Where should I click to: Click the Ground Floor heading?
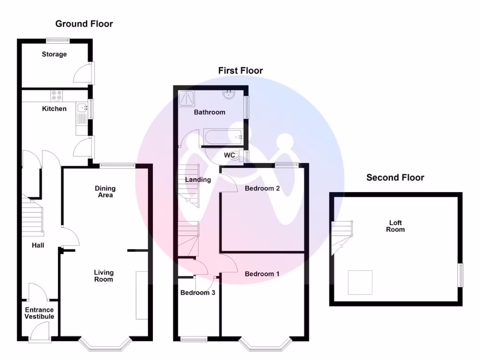84,23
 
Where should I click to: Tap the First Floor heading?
240,70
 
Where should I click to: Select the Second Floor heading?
395,178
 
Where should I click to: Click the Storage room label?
54,54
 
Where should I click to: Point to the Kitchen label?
54,109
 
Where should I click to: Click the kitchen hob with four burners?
57,96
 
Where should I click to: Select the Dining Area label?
105,192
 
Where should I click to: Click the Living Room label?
104,276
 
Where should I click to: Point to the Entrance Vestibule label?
39,313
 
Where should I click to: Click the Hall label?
38,245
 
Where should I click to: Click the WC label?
230,155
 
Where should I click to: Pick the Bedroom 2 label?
262,188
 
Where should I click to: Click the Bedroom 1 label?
262,274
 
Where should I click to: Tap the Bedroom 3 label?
198,292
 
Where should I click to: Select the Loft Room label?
396,226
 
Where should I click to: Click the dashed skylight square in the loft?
360,282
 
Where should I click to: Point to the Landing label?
198,180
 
